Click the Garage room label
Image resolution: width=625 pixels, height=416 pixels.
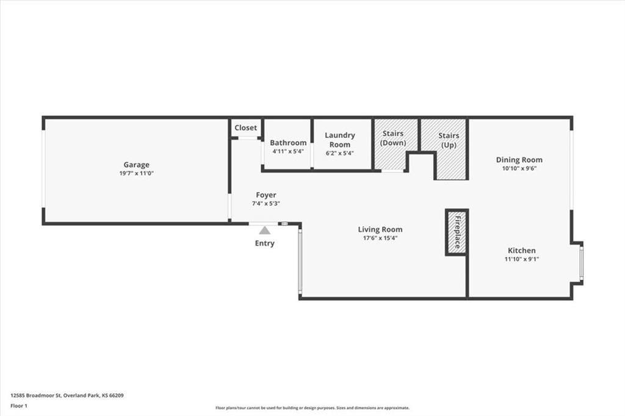point(136,165)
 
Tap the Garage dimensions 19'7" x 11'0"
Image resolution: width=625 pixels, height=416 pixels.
point(136,173)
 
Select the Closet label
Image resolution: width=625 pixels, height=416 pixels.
point(246,128)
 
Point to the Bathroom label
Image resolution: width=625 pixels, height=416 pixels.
point(288,143)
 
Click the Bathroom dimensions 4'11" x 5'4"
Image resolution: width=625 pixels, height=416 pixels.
point(288,151)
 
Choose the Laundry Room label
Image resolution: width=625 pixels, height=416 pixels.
point(339,140)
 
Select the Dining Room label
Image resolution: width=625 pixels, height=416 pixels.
point(519,160)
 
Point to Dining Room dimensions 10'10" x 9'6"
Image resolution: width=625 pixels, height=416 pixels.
point(519,169)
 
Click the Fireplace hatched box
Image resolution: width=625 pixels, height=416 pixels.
point(456,232)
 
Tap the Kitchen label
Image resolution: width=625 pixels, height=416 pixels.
point(522,250)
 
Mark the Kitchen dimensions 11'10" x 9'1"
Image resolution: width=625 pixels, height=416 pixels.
point(522,259)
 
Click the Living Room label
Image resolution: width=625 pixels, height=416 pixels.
point(380,229)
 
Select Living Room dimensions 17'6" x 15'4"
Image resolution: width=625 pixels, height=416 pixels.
point(380,238)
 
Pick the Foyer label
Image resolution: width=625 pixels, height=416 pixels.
point(266,195)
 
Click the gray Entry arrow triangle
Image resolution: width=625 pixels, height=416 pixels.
point(264,231)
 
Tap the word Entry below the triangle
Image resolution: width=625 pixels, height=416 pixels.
point(264,243)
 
